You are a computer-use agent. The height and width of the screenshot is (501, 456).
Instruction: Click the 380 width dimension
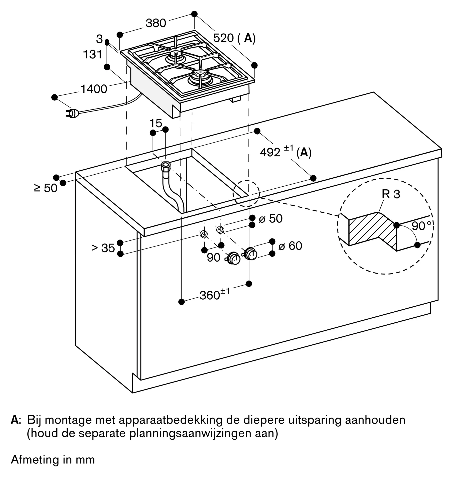pos(156,23)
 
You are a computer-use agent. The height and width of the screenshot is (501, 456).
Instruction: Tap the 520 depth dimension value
pos(223,38)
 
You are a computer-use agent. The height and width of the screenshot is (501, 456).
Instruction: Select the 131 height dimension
pos(93,55)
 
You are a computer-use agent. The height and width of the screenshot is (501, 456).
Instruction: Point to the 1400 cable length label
pos(94,89)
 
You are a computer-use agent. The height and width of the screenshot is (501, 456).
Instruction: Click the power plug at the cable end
pos(72,113)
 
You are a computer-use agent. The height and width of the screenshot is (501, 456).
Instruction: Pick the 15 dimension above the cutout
pos(156,123)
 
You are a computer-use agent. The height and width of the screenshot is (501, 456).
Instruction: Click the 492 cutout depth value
pos(270,152)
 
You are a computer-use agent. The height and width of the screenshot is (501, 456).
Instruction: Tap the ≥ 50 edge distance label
pos(46,188)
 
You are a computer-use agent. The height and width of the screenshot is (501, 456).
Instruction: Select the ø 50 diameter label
pos(270,219)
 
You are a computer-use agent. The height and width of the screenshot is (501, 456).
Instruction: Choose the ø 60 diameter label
pos(290,246)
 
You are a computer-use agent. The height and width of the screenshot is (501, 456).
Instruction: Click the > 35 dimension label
pos(103,248)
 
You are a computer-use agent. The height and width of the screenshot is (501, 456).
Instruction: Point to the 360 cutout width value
pos(210,296)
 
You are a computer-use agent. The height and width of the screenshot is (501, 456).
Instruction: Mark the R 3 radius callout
pos(391,194)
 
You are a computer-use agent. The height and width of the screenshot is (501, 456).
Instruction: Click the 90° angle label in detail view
pos(421,226)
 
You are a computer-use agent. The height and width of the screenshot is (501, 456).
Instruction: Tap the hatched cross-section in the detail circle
pos(371,229)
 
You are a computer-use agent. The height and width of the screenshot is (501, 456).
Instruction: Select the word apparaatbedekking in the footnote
pos(170,420)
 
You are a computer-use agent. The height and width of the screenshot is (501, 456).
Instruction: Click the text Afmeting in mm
pos(53,460)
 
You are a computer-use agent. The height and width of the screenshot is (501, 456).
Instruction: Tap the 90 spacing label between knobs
pos(213,258)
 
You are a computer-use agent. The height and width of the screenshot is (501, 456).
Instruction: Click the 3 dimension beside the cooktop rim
pos(99,39)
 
